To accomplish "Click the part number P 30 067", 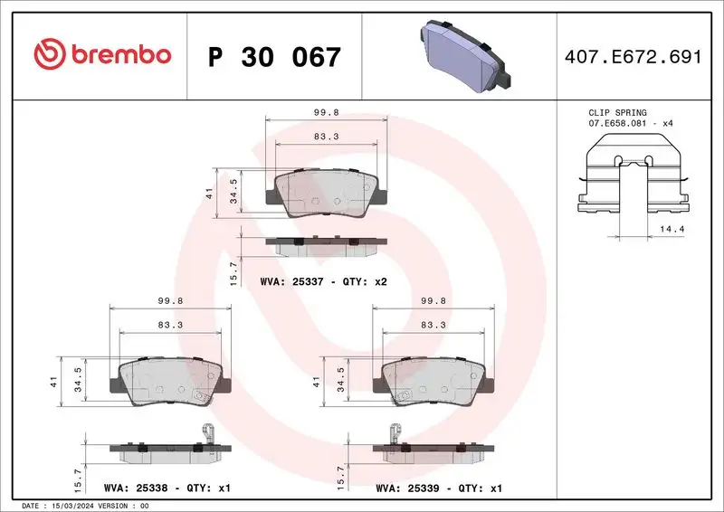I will pyautogui.click(x=274, y=57).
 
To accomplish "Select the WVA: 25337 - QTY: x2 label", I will pyautogui.click(x=323, y=282).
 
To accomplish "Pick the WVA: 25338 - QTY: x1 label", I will pyautogui.click(x=169, y=488).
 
